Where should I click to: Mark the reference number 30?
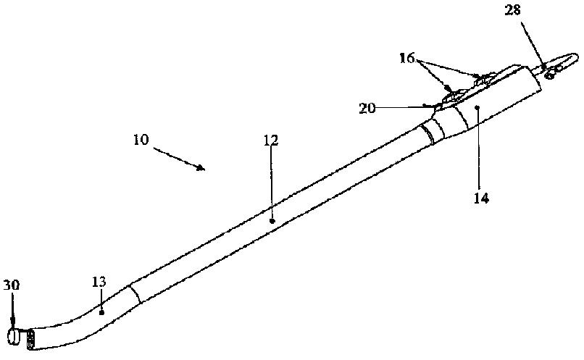click(x=12, y=285)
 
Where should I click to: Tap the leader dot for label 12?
click(x=272, y=218)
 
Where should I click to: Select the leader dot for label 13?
click(x=101, y=312)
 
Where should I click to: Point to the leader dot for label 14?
click(x=479, y=107)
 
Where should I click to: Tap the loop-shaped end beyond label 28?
click(x=559, y=63)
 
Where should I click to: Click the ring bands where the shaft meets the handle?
click(x=433, y=130)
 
